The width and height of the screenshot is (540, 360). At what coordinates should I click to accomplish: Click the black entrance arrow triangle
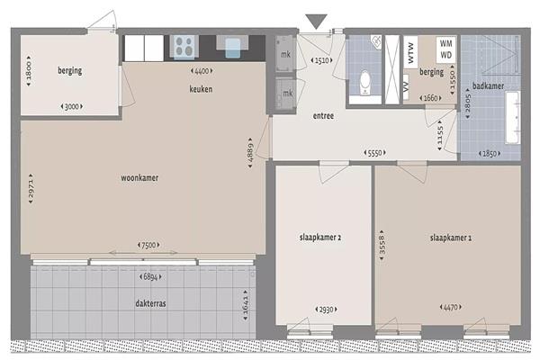(316, 22)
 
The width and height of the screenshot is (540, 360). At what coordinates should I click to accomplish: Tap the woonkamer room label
(139, 178)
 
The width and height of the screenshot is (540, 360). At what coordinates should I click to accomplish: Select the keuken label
(201, 89)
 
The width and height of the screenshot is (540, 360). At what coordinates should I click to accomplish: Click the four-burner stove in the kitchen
(184, 47)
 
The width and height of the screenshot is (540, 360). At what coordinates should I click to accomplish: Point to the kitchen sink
(232, 46)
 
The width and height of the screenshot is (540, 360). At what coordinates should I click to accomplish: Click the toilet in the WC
(364, 83)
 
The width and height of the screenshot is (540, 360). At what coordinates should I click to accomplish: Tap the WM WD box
(446, 49)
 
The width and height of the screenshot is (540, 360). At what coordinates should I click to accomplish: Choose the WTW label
(410, 52)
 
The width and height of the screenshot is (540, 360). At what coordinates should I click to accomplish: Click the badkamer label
(488, 85)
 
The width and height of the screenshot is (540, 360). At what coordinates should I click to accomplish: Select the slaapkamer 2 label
(320, 238)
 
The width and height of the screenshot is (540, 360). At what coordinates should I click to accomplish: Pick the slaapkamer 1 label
(451, 238)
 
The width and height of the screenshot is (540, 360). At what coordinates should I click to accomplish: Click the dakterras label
(150, 303)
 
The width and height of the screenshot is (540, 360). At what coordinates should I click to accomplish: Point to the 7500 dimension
(148, 245)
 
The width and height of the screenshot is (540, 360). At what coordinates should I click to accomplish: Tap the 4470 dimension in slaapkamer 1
(451, 307)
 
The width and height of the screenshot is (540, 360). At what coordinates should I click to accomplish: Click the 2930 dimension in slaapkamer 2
(326, 310)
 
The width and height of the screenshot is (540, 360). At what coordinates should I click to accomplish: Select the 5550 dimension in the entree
(374, 153)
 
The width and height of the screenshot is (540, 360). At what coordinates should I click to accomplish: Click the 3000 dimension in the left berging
(72, 106)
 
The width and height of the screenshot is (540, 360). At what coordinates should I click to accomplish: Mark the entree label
(323, 116)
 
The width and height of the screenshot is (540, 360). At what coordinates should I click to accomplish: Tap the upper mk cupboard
(285, 54)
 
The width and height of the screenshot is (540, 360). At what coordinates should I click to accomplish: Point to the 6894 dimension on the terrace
(150, 276)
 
